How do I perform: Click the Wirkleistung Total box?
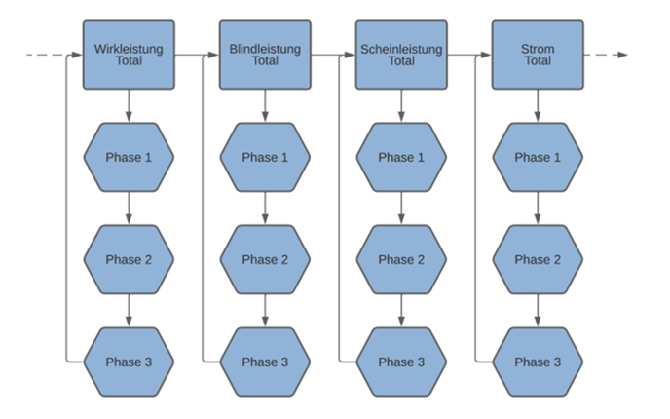(x=129, y=55)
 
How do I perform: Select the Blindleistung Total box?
(x=265, y=55)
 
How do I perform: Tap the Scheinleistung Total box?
(x=401, y=55)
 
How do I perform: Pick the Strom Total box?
(x=538, y=55)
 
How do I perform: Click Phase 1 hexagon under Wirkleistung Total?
(x=129, y=157)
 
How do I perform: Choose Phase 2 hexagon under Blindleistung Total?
(x=265, y=259)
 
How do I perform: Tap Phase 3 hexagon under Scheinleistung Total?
(x=401, y=362)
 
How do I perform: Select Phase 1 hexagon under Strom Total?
(x=538, y=157)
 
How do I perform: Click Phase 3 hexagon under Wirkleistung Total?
(x=129, y=362)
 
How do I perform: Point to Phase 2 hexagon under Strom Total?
(x=538, y=259)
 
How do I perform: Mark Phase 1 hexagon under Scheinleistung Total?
(x=401, y=157)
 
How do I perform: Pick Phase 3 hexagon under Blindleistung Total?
(x=265, y=362)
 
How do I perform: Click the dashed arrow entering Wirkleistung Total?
(x=54, y=55)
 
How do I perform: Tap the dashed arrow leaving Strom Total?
(x=606, y=55)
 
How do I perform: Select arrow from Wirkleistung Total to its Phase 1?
(x=129, y=106)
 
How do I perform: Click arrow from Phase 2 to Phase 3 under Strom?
(x=538, y=311)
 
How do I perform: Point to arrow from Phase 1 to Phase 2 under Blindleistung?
(x=265, y=209)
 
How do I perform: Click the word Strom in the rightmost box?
(x=538, y=49)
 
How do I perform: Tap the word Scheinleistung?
(x=401, y=49)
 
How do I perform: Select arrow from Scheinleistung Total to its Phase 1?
(x=401, y=106)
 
